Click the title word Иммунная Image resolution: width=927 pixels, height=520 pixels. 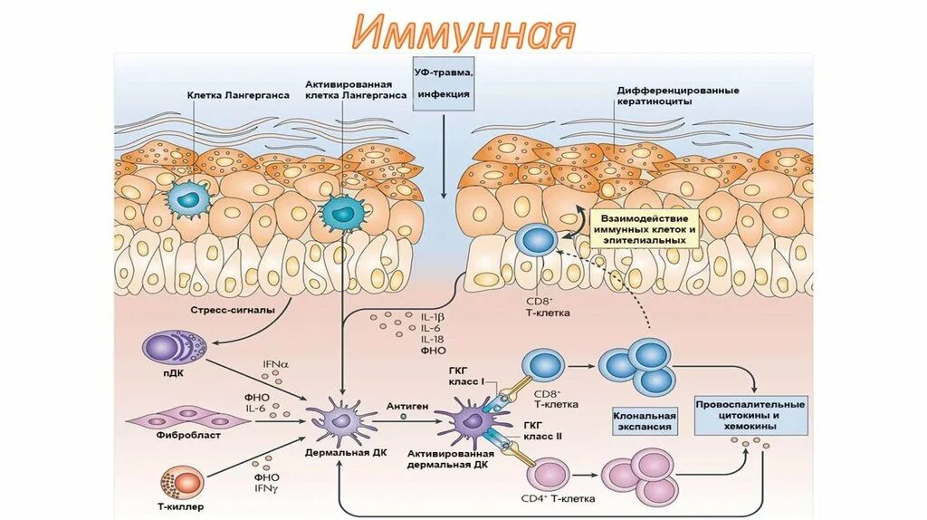point(463,32)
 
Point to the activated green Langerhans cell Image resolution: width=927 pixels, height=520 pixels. point(340,213)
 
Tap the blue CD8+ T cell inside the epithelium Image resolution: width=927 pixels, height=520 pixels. point(538,241)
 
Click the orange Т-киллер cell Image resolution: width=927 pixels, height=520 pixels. point(176,479)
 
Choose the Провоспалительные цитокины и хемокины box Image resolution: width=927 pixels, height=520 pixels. point(750,414)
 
